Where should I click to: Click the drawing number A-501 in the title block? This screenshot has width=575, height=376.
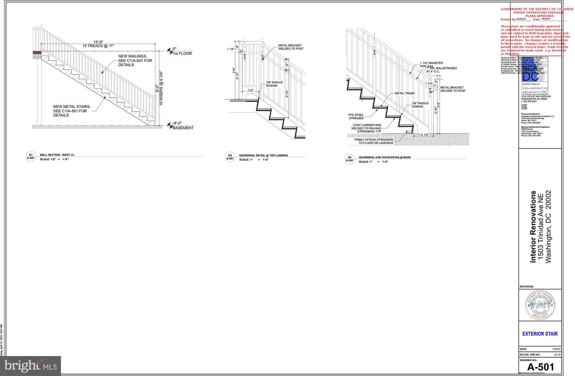(x=540, y=367)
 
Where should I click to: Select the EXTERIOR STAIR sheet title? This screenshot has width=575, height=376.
(x=540, y=334)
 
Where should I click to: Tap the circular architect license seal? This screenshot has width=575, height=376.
(x=540, y=305)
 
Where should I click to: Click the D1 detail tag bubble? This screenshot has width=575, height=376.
(x=31, y=156)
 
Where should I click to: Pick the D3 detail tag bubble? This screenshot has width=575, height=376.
(x=230, y=157)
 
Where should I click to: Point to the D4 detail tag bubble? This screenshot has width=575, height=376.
(x=349, y=159)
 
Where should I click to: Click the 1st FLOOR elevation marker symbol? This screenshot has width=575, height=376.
(x=170, y=51)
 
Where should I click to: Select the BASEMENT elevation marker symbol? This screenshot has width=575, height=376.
(x=170, y=125)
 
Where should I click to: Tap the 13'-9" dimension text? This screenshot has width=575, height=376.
(x=98, y=42)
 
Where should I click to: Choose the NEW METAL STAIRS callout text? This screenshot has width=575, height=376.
(x=72, y=111)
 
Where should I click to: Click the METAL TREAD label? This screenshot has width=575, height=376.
(x=404, y=93)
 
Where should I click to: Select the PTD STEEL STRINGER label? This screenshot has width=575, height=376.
(x=356, y=117)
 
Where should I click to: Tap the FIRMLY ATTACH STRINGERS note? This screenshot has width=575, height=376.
(x=373, y=141)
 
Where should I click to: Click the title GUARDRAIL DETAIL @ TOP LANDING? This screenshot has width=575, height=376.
(x=263, y=155)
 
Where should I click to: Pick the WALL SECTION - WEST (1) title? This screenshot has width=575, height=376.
(x=57, y=155)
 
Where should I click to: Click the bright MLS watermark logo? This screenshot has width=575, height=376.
(x=30, y=366)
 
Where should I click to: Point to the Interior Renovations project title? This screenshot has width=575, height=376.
(x=533, y=227)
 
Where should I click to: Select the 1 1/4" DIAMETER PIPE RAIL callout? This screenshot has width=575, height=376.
(x=431, y=64)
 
